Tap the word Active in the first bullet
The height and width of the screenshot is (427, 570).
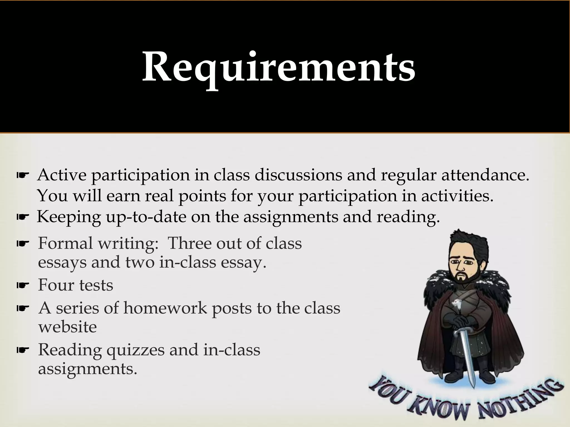(x=62, y=175)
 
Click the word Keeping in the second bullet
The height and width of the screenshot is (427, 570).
(x=69, y=217)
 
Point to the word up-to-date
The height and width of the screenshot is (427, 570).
(x=146, y=217)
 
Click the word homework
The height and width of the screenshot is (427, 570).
(x=165, y=308)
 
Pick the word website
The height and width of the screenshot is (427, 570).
(x=67, y=327)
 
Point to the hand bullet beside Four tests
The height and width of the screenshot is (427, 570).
(x=23, y=286)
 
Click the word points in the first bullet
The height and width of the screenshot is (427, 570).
(x=202, y=196)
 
